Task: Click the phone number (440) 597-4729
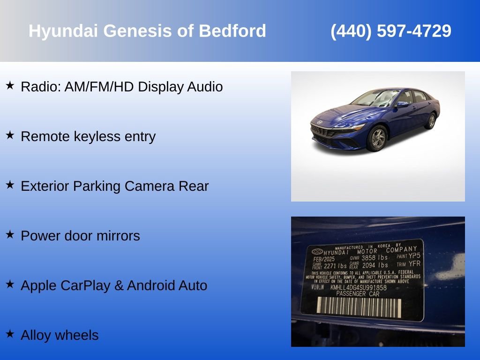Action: coord(391,31)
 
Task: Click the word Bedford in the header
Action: coord(232,31)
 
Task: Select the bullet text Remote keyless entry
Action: coord(88,137)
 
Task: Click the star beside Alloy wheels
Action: coord(10,334)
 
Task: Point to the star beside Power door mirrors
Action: coord(10,234)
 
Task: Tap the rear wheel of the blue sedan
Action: coord(430,121)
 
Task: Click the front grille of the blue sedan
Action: coord(323,132)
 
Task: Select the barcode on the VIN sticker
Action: coord(359,307)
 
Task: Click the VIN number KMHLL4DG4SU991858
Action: coord(358,287)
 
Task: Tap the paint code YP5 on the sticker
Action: coord(414,256)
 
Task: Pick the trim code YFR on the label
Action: coord(414,264)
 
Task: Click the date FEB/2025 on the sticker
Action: coord(323,258)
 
